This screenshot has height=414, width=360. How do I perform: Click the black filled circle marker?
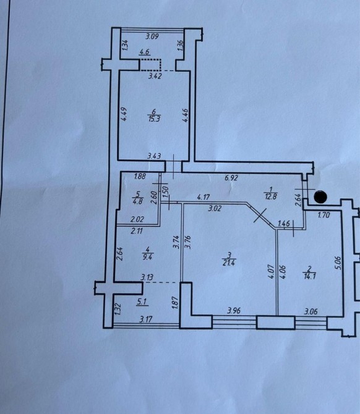(x=320, y=196)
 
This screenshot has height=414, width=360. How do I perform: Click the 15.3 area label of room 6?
(x=153, y=119)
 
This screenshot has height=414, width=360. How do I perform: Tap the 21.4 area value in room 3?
(x=229, y=263)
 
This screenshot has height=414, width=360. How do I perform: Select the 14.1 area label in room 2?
(x=309, y=277)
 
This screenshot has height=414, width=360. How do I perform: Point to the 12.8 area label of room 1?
(x=270, y=196)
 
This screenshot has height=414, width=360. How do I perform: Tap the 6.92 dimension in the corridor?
(x=231, y=178)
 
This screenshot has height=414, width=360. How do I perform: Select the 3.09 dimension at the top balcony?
(x=152, y=36)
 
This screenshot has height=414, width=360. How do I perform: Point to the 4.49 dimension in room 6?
(x=124, y=114)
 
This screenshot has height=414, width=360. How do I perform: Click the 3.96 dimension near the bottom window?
(x=234, y=310)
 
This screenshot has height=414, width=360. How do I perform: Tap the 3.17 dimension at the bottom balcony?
(x=145, y=319)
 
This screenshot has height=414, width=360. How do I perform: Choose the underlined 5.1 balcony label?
(x=142, y=302)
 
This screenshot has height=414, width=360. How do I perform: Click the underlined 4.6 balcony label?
(x=145, y=52)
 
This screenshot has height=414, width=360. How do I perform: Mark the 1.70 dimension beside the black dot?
(x=324, y=215)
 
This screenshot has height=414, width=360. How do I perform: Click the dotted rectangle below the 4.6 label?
(x=150, y=65)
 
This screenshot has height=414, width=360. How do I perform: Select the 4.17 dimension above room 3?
(x=203, y=197)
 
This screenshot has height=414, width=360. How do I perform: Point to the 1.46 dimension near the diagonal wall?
(x=284, y=224)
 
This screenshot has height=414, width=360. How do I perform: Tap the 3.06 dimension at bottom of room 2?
(x=311, y=312)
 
